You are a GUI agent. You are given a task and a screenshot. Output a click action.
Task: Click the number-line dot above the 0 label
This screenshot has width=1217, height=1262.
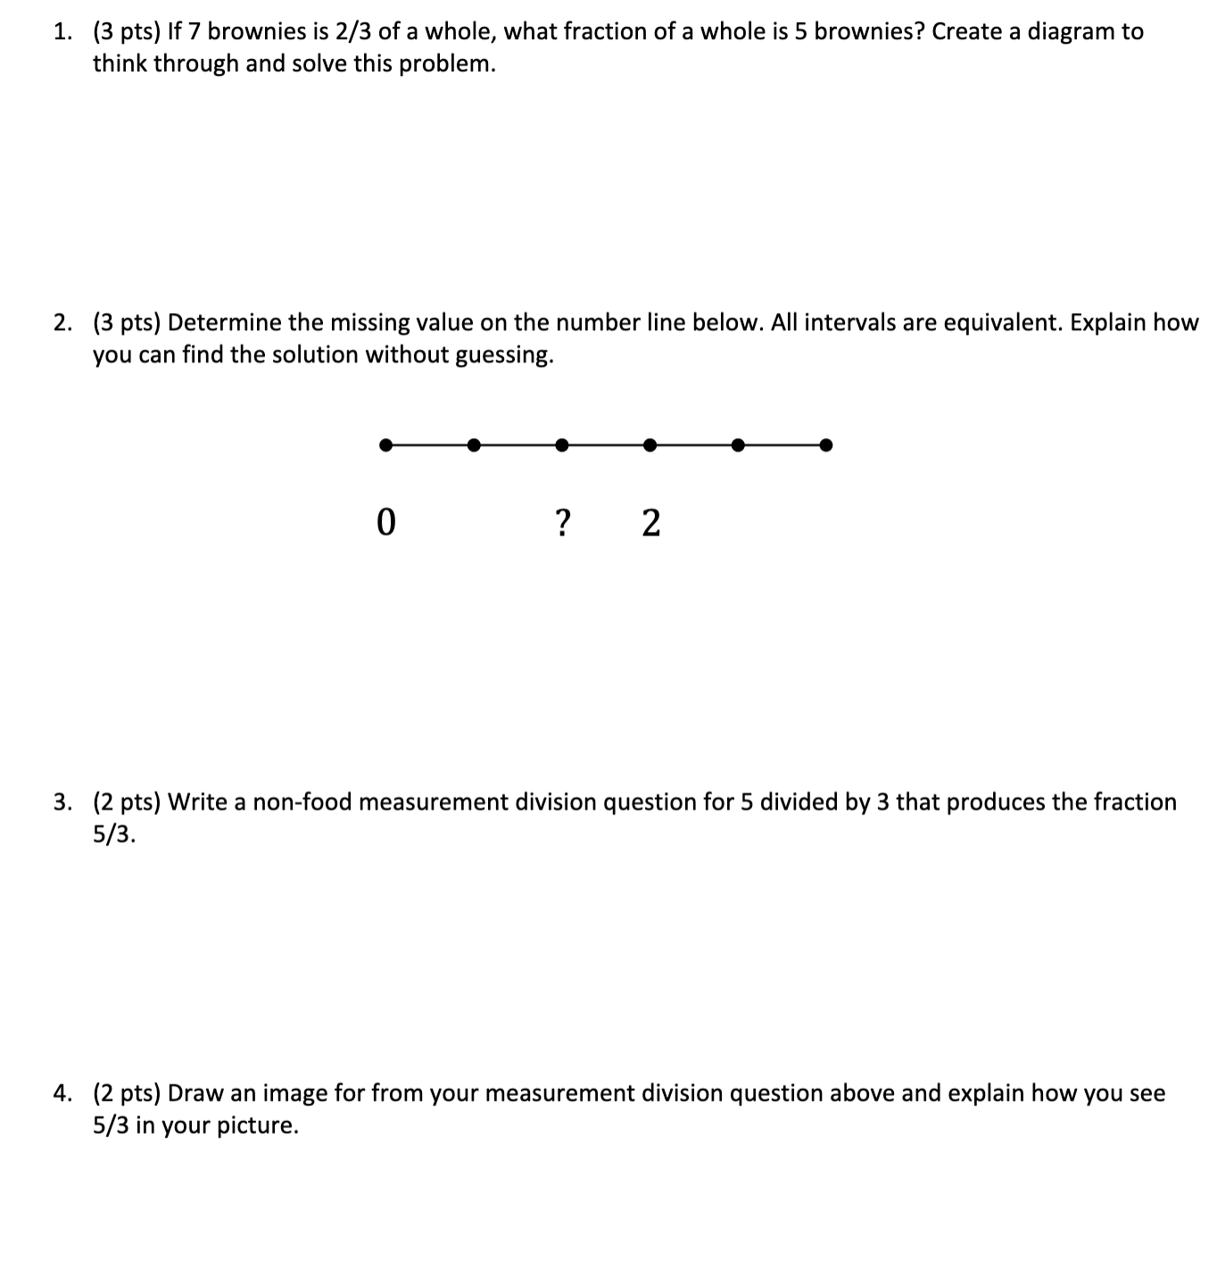[x=385, y=444]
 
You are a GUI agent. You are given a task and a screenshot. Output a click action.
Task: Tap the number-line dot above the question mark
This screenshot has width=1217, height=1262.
[x=561, y=444]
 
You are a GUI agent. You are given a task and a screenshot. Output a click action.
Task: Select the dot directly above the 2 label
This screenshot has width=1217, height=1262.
[x=650, y=444]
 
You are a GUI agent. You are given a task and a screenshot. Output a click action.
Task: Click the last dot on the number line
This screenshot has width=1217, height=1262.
[x=826, y=444]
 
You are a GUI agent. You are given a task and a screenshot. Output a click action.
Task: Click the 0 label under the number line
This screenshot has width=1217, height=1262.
[x=385, y=522]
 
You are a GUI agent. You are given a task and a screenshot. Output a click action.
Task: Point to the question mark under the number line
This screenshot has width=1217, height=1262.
[x=561, y=522]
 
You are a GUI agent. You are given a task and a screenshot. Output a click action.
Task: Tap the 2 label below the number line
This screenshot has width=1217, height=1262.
[x=651, y=522]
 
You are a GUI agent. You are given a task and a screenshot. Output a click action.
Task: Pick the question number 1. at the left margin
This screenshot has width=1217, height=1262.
[x=62, y=32]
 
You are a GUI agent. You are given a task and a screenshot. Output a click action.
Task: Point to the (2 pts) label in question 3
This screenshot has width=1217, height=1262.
[x=127, y=802]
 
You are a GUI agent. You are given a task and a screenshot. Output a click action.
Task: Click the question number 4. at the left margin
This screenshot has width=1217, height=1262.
[x=62, y=1093]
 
